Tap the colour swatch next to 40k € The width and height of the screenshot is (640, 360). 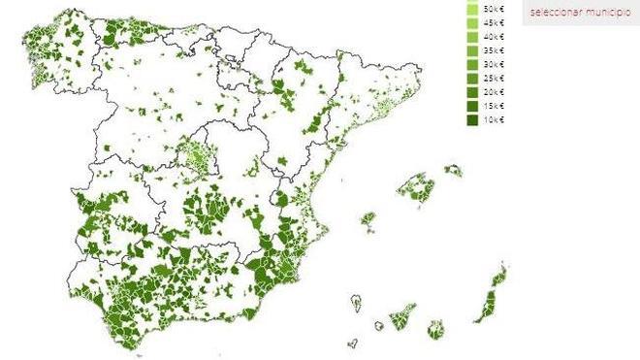(473, 36)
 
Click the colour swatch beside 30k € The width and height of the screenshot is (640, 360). (473, 64)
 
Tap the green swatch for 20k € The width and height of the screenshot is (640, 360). (473, 91)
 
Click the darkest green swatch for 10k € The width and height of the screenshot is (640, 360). (473, 119)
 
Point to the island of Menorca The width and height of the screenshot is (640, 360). (454, 171)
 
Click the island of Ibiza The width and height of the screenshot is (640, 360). (368, 221)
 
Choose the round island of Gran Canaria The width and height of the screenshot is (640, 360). (436, 328)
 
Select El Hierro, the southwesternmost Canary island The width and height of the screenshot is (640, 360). (353, 342)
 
